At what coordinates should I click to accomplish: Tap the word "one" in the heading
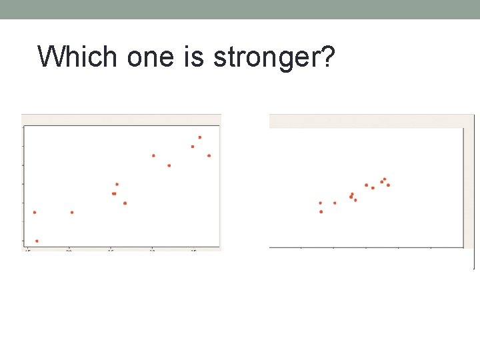139,57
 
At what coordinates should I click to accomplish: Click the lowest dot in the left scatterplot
37,241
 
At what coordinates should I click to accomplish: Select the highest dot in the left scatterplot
199,137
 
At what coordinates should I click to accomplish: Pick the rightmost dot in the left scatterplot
209,155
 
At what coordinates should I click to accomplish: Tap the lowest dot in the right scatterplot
321,212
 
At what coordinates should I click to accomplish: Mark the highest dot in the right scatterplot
385,179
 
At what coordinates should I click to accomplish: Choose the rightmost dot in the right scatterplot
388,185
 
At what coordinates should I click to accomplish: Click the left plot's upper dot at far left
35,213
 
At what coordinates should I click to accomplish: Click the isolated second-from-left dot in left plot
72,213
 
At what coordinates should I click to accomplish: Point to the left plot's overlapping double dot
114,193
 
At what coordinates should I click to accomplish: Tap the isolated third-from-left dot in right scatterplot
335,203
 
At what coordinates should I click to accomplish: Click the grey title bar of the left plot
121,119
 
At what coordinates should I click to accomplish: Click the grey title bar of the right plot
367,121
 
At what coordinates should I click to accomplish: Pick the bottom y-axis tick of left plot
23,241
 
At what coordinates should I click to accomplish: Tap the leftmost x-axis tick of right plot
301,248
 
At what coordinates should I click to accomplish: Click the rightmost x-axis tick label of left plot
193,251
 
